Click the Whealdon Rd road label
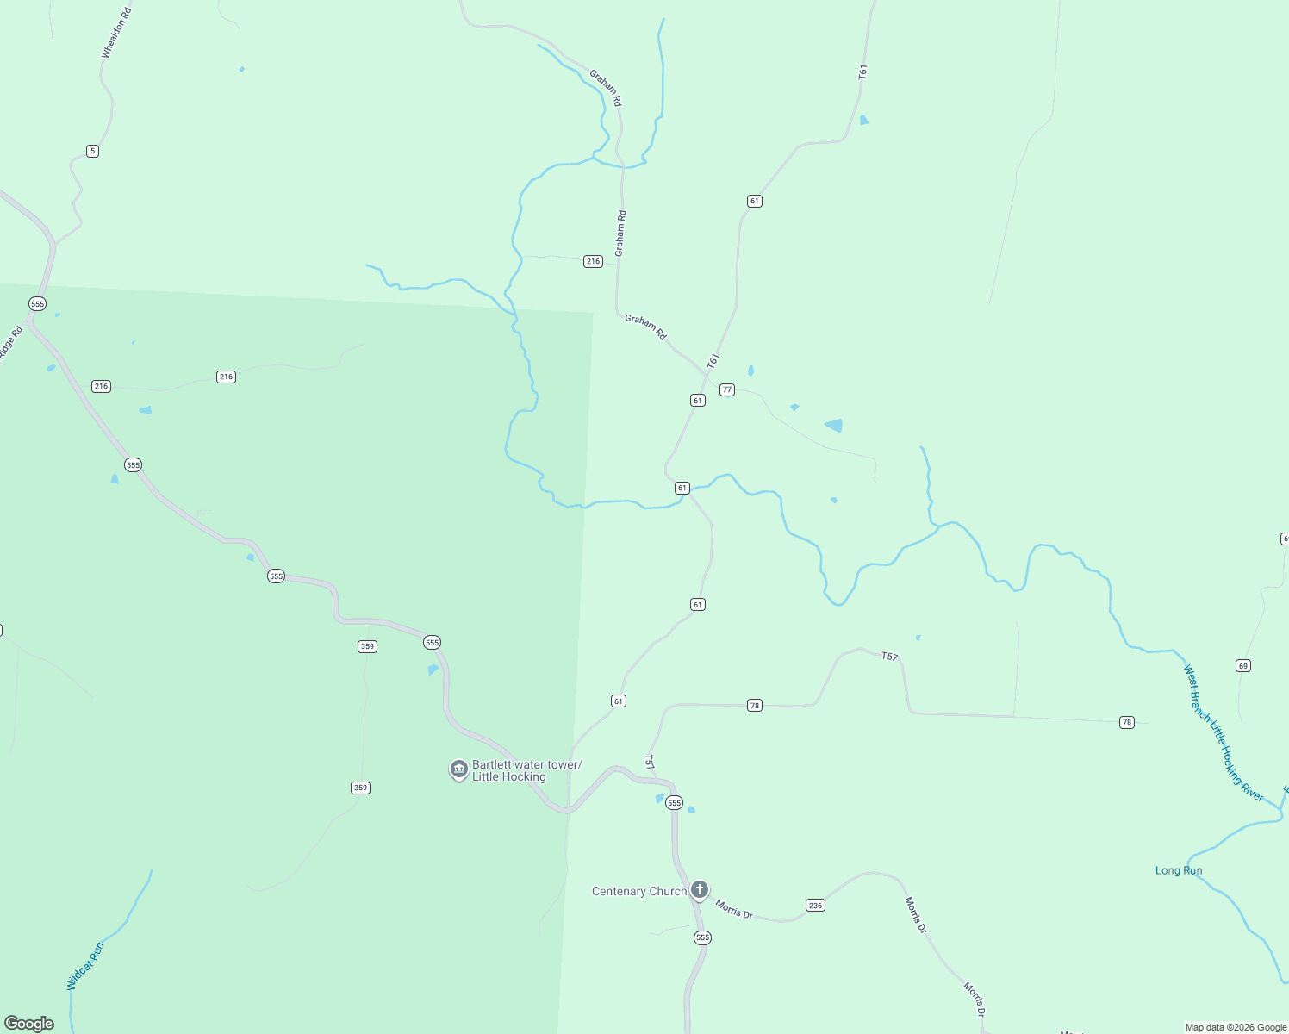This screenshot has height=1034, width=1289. (116, 34)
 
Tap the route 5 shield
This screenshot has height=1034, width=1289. (92, 151)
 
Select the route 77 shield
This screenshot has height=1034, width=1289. (727, 389)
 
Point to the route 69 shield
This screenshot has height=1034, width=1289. (1242, 665)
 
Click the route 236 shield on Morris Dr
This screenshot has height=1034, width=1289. (815, 905)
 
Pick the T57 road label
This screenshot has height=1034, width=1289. (889, 657)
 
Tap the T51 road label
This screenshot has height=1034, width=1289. (650, 762)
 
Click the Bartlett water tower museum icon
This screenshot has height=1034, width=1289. (459, 769)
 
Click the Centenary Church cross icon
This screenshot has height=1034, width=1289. (700, 889)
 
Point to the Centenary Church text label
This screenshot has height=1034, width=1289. (638, 891)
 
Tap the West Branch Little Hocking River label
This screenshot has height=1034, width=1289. (1222, 732)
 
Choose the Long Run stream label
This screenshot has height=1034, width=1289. (1178, 870)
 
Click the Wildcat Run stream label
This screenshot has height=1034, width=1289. (85, 966)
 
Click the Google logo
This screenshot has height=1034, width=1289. (29, 1024)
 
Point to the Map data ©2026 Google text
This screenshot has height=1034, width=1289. (1236, 1027)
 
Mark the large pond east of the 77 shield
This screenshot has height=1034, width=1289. (834, 425)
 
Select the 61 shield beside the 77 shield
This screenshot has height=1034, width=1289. (697, 400)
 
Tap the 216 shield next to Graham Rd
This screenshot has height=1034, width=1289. (593, 261)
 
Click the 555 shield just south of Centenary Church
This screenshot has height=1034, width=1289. (702, 937)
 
